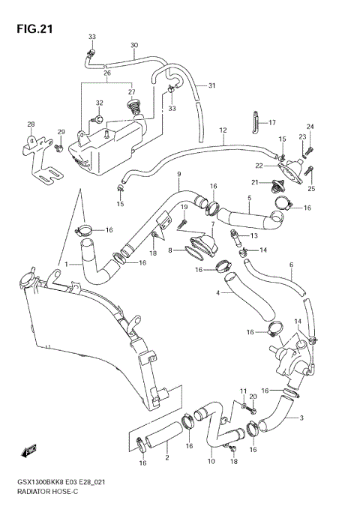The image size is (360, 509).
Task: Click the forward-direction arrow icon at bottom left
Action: [x=29, y=451]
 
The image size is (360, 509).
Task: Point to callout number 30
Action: [x=133, y=46]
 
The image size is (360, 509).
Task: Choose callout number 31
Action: [x=211, y=85]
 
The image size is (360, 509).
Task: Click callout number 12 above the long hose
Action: [x=223, y=130]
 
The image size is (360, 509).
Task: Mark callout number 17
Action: [x=272, y=123]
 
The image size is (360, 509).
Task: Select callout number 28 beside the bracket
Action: [x=31, y=124]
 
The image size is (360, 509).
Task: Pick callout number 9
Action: [x=178, y=175]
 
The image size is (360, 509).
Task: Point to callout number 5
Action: [x=249, y=199]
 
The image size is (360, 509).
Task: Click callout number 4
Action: [x=218, y=293]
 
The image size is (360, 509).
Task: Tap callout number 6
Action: [x=291, y=265]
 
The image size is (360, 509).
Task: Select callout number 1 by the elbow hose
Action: [x=67, y=264]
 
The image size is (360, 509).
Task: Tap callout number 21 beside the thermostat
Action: [x=254, y=182]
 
